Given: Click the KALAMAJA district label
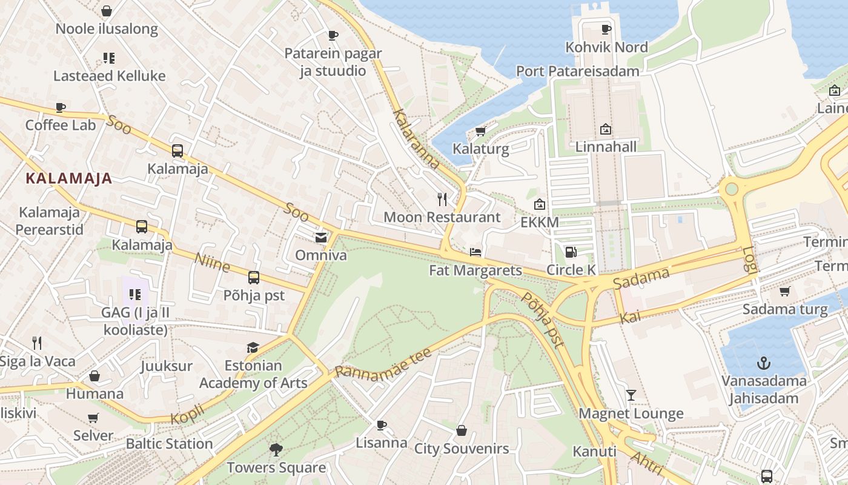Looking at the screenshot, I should [69, 178].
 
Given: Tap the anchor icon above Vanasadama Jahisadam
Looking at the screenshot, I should [764, 363].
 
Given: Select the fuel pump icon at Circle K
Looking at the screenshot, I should [571, 252].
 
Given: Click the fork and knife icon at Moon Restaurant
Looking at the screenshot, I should [442, 199].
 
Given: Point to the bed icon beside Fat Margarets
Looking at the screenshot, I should [475, 252].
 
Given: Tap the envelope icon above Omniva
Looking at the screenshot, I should [321, 238].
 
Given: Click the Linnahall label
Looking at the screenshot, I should [606, 147].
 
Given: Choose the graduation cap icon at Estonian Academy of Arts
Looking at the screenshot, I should [253, 347].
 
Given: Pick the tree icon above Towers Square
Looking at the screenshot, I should [276, 449].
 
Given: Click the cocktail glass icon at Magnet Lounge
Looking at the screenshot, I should [631, 395].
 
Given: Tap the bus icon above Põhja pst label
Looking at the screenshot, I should [254, 278].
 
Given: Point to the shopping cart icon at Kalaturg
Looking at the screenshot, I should [481, 130].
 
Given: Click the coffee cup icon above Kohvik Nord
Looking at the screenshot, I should [606, 29].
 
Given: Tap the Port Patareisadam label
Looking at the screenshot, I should [577, 72].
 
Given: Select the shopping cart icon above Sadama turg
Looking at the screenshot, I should [785, 292].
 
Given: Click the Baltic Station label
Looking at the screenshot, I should [169, 443].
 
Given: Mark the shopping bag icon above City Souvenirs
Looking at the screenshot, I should [462, 430].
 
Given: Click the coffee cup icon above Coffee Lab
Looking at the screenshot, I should [61, 107].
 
